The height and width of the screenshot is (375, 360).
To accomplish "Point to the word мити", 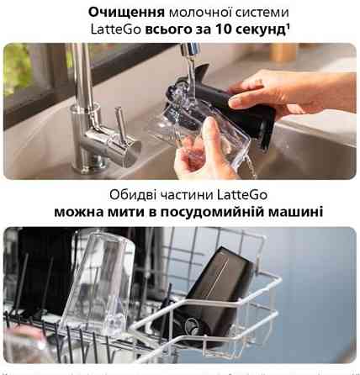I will point(142,211).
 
